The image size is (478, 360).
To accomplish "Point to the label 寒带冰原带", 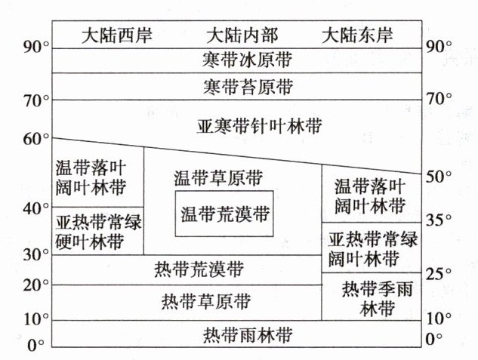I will pyautogui.click(x=248, y=59).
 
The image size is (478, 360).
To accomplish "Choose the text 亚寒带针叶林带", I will pyautogui.click(x=248, y=125).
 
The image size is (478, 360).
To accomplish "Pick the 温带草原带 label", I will pyautogui.click(x=218, y=179).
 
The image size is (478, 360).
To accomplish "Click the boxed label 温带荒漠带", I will pyautogui.click(x=224, y=214).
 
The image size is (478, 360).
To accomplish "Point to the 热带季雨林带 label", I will pyautogui.click(x=370, y=298).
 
